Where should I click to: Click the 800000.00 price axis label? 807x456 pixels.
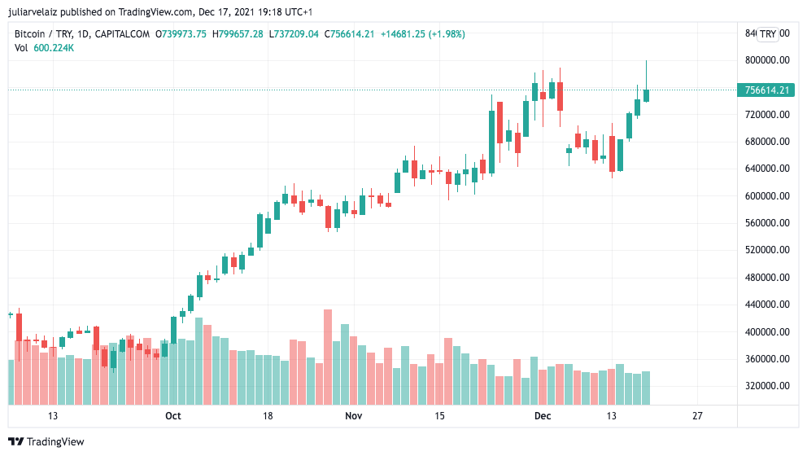(x=766, y=60)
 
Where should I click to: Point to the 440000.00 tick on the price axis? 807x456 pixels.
(x=766, y=305)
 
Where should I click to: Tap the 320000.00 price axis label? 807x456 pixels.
(x=766, y=386)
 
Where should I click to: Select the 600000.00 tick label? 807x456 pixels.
(x=766, y=196)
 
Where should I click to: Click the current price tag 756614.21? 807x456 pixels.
(x=766, y=90)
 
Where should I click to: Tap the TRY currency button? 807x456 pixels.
(x=768, y=34)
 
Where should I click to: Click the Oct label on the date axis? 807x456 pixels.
(x=172, y=416)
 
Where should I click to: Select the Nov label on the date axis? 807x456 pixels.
(x=353, y=416)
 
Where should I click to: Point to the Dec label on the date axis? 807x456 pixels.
(x=543, y=416)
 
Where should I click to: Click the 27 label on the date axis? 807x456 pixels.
(x=697, y=416)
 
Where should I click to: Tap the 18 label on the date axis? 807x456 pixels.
(x=267, y=416)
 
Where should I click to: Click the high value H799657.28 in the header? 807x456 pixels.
(x=238, y=34)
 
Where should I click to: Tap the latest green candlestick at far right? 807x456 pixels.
(x=646, y=95)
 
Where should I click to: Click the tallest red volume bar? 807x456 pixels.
(x=328, y=357)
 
